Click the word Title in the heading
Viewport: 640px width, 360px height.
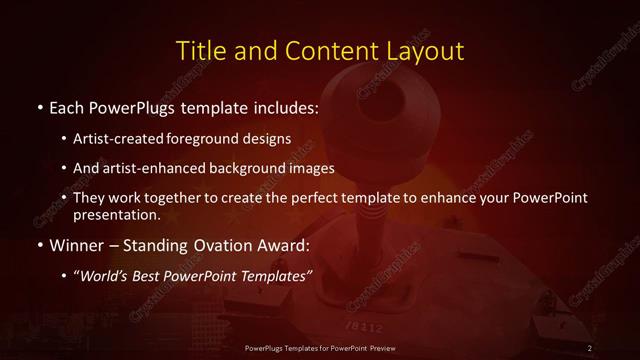tap(200, 50)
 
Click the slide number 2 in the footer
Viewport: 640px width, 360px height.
tap(590, 347)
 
